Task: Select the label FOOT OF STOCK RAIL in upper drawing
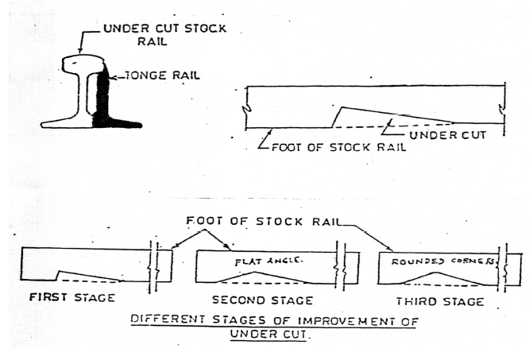[x=336, y=147]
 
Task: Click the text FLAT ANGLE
[x=261, y=261]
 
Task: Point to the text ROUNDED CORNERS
[x=442, y=260]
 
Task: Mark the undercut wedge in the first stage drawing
[x=87, y=277]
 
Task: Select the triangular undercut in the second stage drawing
[x=253, y=277]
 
